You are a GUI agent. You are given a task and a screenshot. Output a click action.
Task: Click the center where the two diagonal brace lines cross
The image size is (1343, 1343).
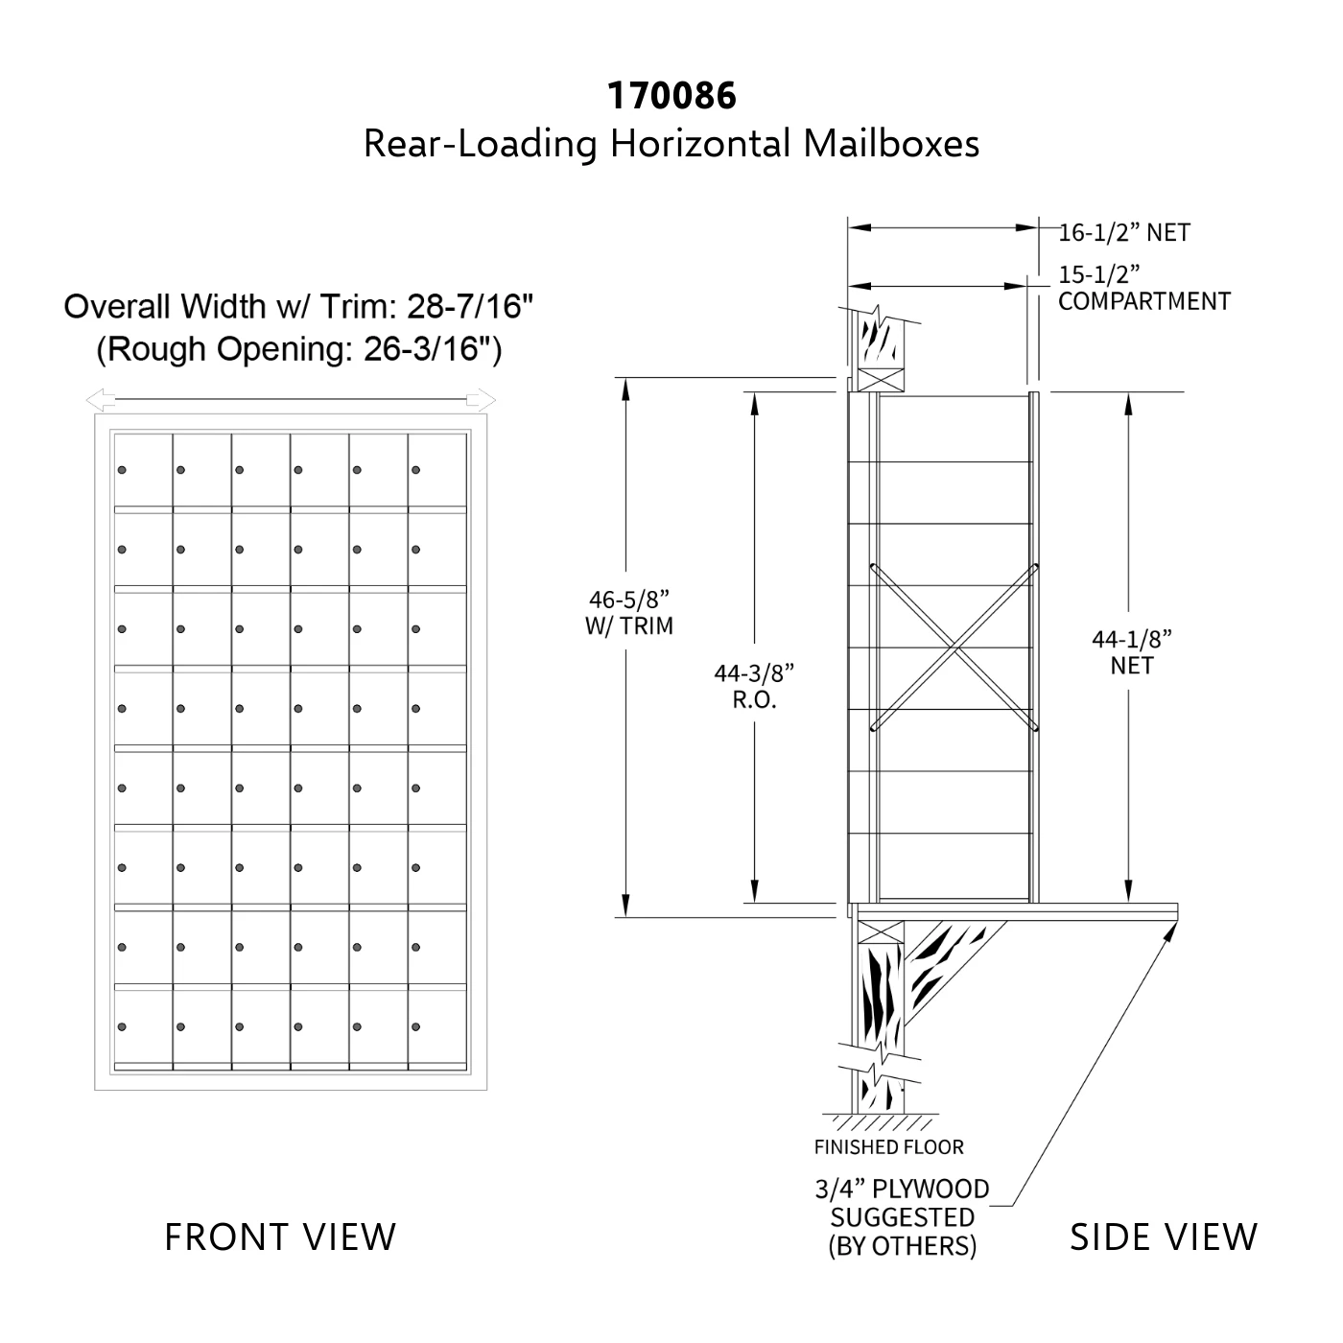click(954, 648)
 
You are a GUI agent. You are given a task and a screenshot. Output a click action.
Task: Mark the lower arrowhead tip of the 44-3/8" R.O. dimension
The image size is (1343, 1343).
click(754, 902)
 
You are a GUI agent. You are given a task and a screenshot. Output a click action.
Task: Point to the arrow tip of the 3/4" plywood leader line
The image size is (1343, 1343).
click(1176, 921)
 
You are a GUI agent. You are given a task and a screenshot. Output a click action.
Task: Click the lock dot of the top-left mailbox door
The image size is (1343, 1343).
click(122, 470)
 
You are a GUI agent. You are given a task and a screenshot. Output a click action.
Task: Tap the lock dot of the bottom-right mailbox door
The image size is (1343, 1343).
click(416, 1026)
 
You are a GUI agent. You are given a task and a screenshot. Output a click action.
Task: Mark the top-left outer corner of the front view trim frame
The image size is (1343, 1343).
click(95, 414)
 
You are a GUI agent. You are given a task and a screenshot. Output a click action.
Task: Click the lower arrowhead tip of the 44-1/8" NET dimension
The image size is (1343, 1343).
click(1128, 902)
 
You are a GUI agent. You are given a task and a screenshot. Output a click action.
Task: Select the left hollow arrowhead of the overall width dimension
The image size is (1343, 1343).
click(101, 400)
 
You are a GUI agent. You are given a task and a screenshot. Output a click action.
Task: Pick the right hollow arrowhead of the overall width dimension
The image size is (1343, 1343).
click(482, 400)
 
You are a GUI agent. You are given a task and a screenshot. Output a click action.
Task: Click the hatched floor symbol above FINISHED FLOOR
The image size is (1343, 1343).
click(881, 1122)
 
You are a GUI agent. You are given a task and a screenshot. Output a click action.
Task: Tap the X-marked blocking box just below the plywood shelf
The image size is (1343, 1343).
click(881, 932)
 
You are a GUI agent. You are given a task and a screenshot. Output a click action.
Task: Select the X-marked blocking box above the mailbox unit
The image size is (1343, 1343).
click(881, 380)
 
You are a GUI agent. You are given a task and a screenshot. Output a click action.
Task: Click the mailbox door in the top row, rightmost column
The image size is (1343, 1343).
click(437, 470)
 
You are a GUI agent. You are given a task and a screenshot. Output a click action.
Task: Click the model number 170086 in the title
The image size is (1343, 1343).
click(671, 96)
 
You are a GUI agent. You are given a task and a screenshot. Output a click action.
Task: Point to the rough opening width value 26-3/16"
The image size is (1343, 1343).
click(427, 349)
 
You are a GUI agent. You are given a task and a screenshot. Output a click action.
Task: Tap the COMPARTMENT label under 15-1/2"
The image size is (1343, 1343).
click(1144, 301)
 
